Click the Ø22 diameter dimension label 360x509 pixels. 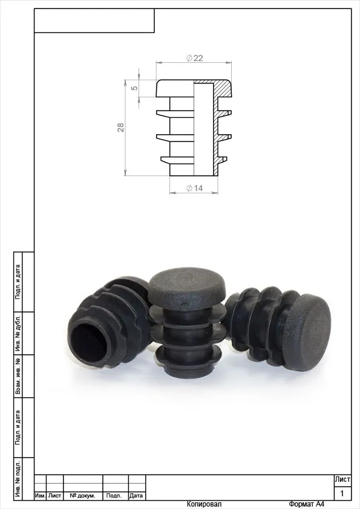tap(194, 58)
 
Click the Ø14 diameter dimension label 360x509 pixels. tap(194, 188)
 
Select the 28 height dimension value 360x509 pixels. tap(120, 127)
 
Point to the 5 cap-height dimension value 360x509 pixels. tap(134, 88)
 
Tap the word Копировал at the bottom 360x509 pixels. tap(204, 504)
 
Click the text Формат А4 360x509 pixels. tap(306, 504)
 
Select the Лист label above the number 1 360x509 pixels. tap(342, 479)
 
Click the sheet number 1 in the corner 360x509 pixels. tap(342, 494)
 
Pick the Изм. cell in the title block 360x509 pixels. tap(40, 496)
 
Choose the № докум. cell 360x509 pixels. tap(82, 496)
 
